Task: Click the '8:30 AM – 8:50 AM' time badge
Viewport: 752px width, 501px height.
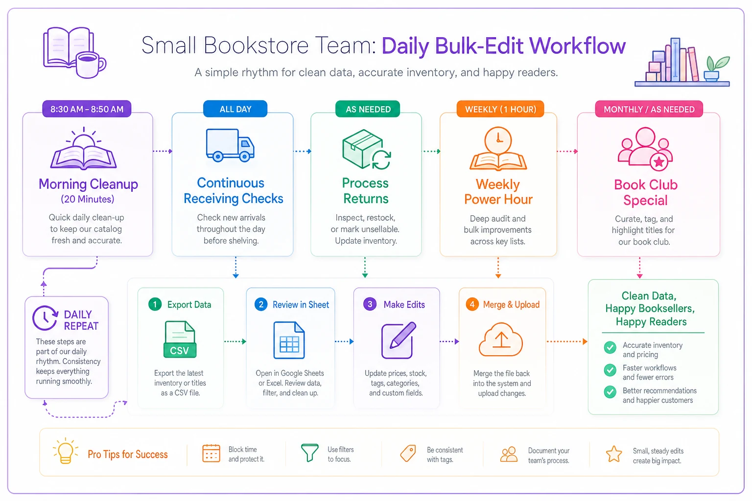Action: (x=87, y=109)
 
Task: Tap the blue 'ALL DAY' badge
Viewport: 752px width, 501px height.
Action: (x=235, y=109)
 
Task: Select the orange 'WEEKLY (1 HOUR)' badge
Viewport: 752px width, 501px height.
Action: (x=500, y=109)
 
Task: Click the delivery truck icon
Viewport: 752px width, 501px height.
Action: (x=230, y=145)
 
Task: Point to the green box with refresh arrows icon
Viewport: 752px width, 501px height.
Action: (x=366, y=149)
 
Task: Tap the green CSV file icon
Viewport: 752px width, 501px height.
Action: (x=180, y=340)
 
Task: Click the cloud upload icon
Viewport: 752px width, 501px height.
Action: (x=500, y=340)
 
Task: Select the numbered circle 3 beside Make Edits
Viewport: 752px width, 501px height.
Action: (x=370, y=304)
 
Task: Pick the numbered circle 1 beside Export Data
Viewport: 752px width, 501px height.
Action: (x=155, y=304)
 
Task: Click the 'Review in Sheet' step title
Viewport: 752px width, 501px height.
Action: (x=301, y=305)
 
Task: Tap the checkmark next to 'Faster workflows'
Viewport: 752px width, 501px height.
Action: (x=610, y=370)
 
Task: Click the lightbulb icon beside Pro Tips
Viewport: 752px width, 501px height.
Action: (x=65, y=451)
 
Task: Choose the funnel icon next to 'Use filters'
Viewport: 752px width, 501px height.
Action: (x=309, y=453)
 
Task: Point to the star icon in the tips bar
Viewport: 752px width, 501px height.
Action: (x=614, y=454)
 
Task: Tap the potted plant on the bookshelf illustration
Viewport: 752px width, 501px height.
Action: (x=716, y=68)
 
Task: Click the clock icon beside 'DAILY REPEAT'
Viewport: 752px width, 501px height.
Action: (x=45, y=318)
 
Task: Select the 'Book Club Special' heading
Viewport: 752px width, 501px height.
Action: (x=646, y=192)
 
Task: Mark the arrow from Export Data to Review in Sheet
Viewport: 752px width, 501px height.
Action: (x=235, y=342)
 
